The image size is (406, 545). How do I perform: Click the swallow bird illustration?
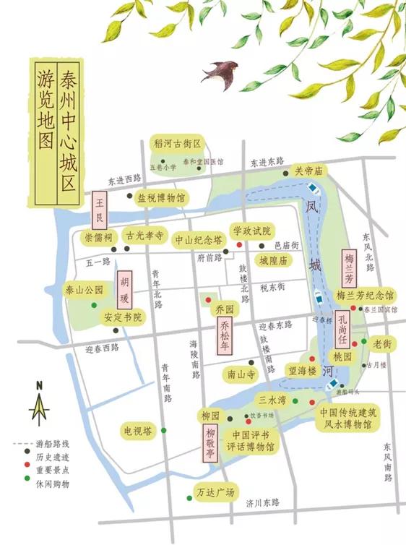220,72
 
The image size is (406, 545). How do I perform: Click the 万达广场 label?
215,493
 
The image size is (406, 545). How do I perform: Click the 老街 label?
381,345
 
